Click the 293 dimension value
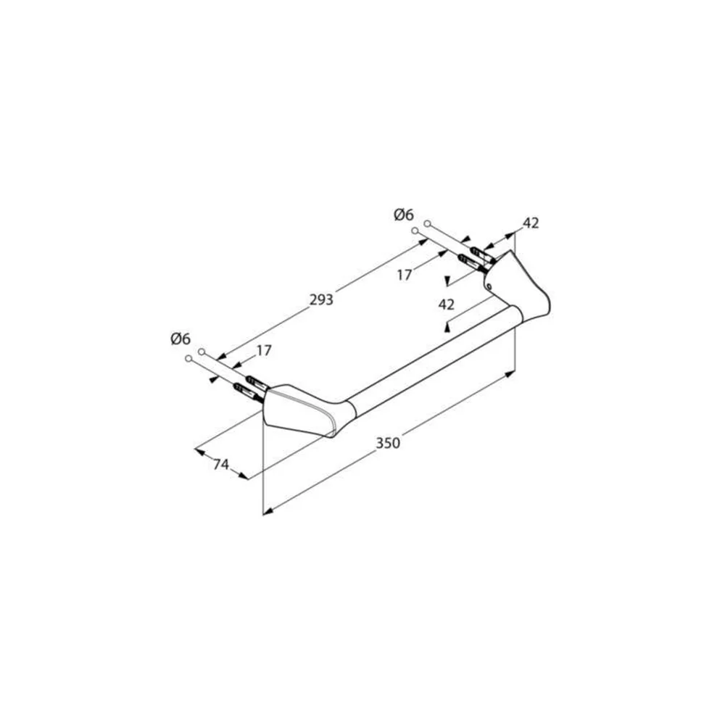pos(321,300)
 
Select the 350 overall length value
pos(387,443)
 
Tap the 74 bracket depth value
pos(221,464)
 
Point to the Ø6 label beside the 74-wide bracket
pos(181,339)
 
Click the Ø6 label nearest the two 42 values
pos(404,215)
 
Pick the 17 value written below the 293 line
pos(404,275)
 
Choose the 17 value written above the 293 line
pos(264,350)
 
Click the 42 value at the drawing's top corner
pos(531,223)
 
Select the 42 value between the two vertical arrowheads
pos(446,304)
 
